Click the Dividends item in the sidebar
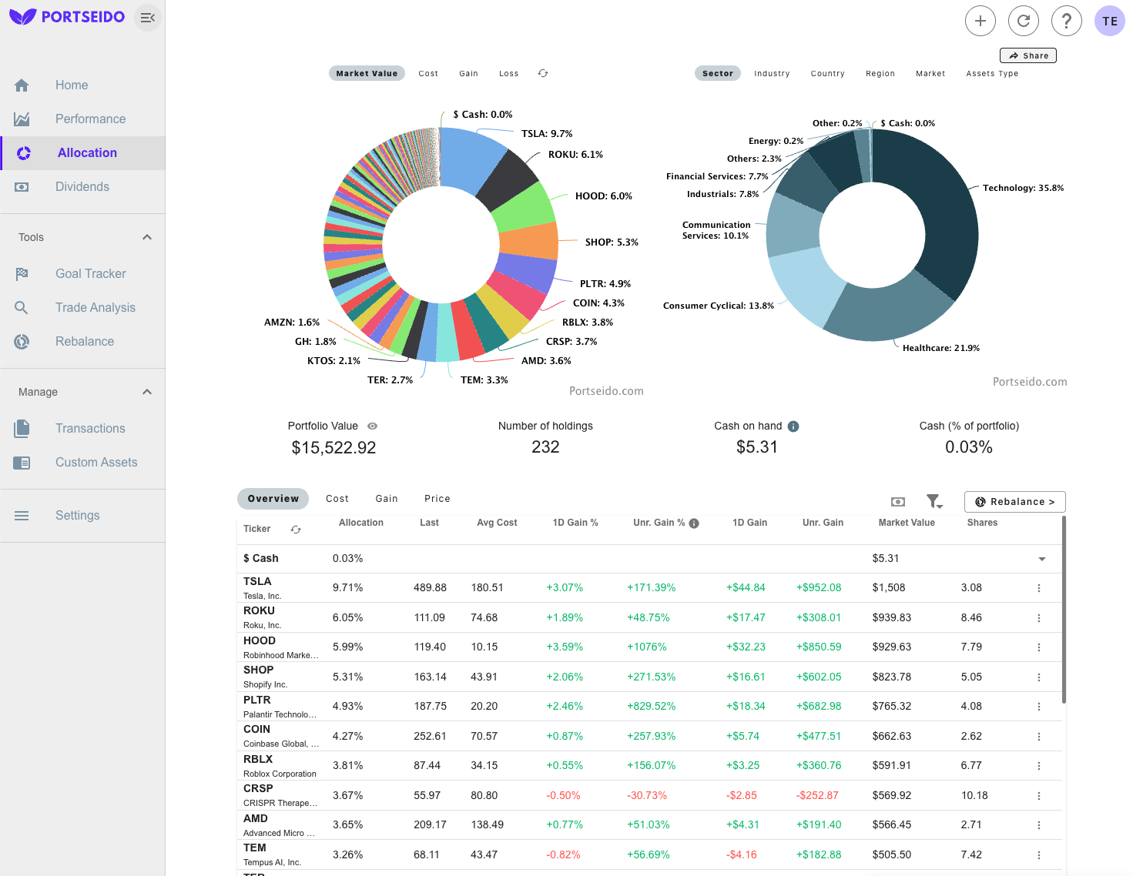click(82, 187)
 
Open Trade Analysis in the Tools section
click(95, 308)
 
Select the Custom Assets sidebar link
click(96, 463)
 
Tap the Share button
click(1028, 55)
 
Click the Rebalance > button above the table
click(1014, 502)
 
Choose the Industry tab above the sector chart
click(772, 74)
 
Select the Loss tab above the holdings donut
click(508, 74)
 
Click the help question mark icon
click(1067, 21)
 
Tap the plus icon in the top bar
click(980, 21)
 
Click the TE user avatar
click(1110, 21)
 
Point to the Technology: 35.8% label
click(1023, 188)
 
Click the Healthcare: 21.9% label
click(941, 348)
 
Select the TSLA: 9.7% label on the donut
click(547, 134)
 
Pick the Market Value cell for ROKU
click(891, 617)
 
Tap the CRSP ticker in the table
click(258, 789)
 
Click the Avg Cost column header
click(497, 523)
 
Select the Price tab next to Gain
click(437, 499)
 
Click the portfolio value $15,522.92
click(334, 448)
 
